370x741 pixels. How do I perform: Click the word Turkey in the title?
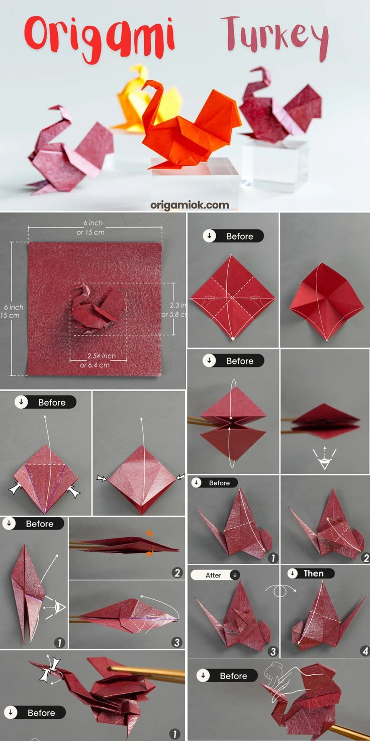pos(274,38)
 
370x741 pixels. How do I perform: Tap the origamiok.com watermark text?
pos(190,205)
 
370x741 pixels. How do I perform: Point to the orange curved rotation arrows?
pos(149,544)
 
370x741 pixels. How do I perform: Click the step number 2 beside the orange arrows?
pos(176,572)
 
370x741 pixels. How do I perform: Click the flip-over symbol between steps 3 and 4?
pos(280,590)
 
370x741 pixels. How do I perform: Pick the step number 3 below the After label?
pos(272,651)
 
